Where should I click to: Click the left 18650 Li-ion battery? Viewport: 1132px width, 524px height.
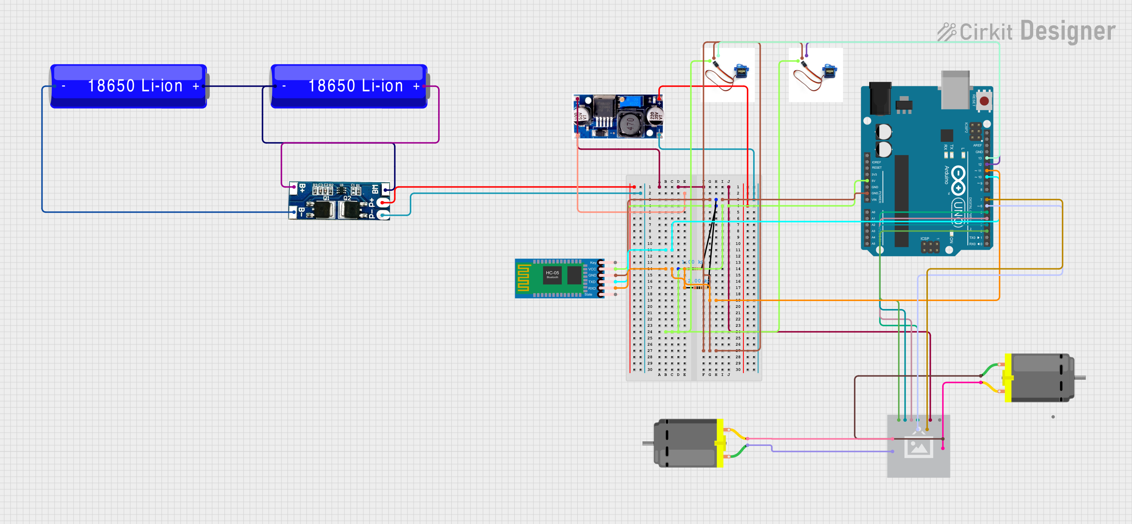tap(128, 86)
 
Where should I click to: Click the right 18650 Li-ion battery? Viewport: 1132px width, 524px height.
tap(349, 86)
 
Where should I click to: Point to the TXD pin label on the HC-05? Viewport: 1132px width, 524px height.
tap(592, 282)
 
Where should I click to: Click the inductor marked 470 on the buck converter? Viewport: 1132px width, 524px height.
tap(629, 123)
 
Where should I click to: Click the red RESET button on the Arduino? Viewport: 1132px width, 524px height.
tap(984, 101)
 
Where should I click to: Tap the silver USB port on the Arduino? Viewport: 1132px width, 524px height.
tap(955, 90)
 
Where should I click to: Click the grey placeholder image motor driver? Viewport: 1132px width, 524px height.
tap(918, 446)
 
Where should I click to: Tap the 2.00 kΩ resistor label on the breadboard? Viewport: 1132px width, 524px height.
tap(697, 281)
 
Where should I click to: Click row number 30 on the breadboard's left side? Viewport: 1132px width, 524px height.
tap(649, 369)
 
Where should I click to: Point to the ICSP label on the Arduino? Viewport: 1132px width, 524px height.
tap(924, 238)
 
